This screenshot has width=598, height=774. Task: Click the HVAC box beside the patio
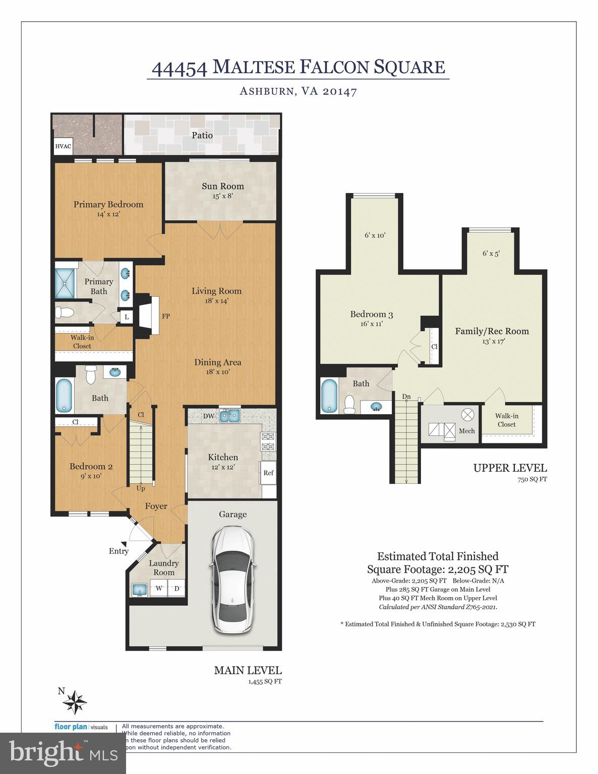[x=63, y=147]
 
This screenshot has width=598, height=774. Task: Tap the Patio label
[x=202, y=135]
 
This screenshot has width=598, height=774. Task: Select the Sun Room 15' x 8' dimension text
[x=222, y=197]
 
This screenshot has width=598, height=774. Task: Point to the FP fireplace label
[x=165, y=316]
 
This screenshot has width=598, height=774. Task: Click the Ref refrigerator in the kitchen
[x=268, y=473]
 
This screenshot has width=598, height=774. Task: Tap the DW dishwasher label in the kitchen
[x=208, y=416]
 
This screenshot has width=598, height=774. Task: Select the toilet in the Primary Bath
[x=64, y=312]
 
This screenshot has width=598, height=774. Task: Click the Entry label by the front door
[x=118, y=551]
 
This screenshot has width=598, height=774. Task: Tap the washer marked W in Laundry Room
[x=159, y=588]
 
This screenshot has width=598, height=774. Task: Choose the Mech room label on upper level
[x=466, y=431]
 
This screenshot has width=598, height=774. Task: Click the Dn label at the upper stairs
[x=406, y=397]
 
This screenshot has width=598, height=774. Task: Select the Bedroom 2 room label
[x=91, y=466]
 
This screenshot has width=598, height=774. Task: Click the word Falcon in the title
[x=335, y=67]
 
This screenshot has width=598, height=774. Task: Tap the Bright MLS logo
[x=63, y=752]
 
